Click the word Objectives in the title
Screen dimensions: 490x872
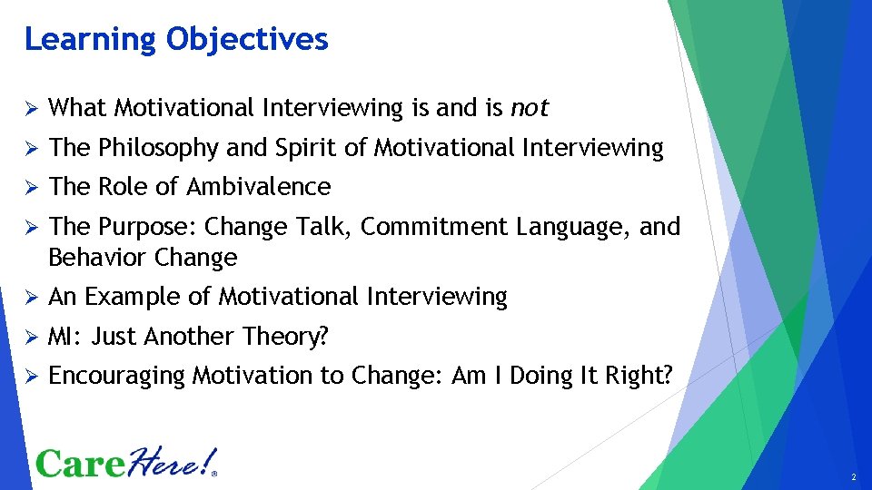click(x=247, y=40)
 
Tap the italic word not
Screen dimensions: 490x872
click(x=530, y=108)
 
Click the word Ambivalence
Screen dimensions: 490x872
click(x=259, y=187)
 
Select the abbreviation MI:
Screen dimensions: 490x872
click(x=64, y=337)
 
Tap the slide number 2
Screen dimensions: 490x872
click(x=854, y=477)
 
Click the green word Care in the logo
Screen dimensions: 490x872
click(x=80, y=464)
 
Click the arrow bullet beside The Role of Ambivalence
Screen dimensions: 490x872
click(x=29, y=188)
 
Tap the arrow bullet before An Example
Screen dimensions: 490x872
click(x=29, y=298)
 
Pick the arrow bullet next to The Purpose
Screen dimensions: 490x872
click(x=29, y=228)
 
